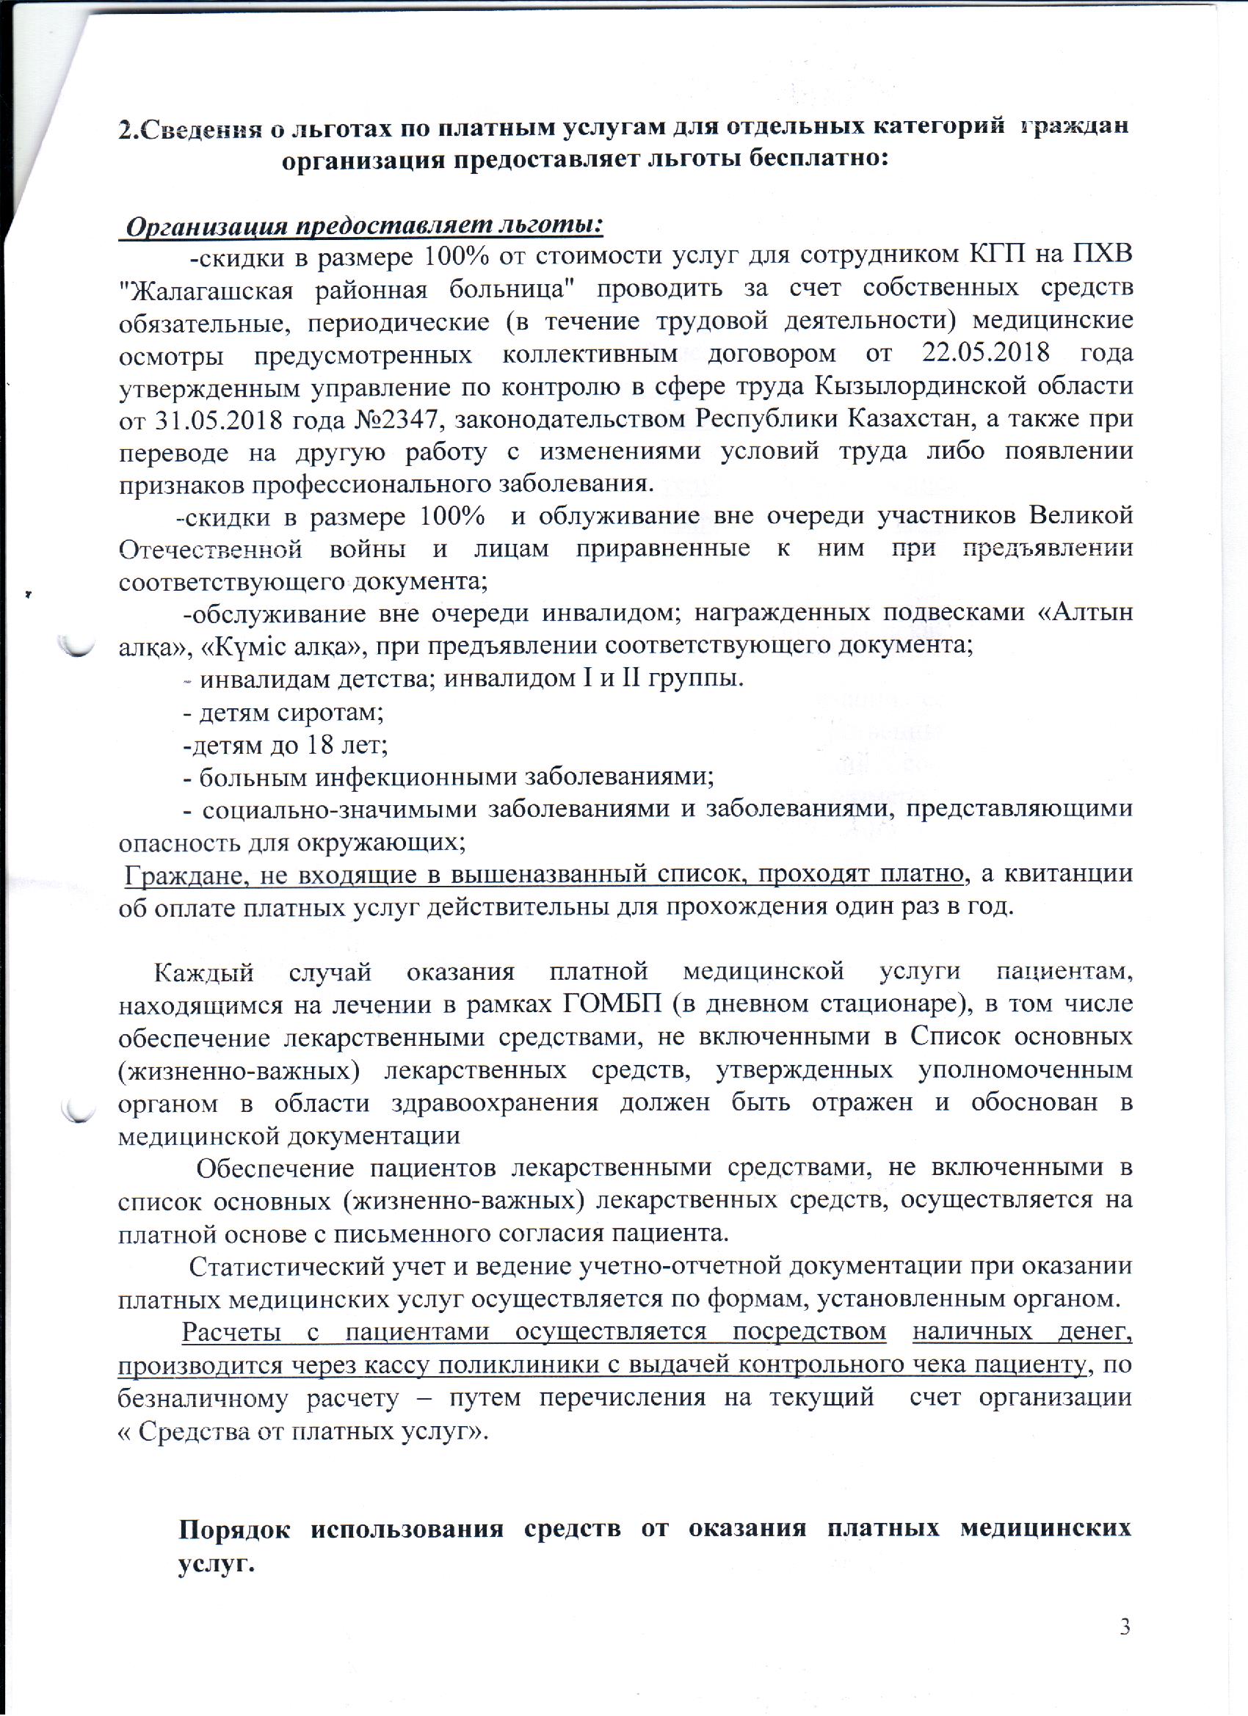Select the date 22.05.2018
pyautogui.click(x=986, y=353)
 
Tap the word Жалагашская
pyautogui.click(x=210, y=288)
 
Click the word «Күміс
pyautogui.click(x=244, y=645)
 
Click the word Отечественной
pyautogui.click(x=211, y=548)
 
